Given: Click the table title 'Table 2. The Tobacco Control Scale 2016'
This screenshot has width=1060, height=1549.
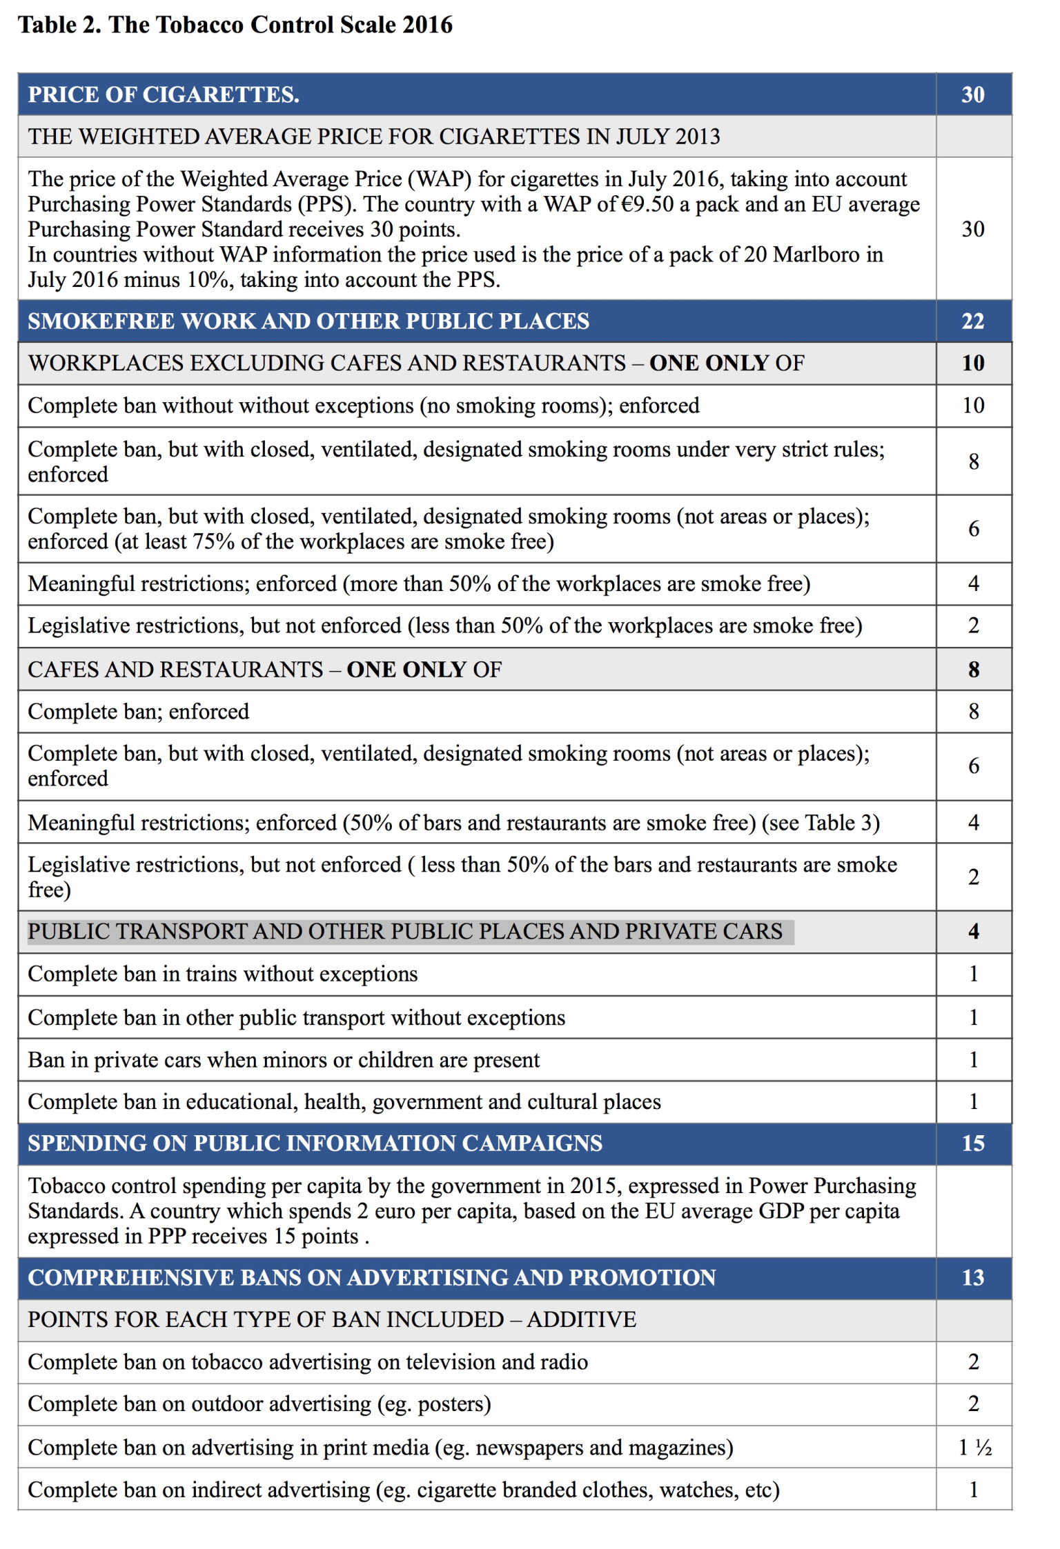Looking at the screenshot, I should [235, 25].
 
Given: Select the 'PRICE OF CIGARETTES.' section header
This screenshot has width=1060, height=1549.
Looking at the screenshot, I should [164, 94].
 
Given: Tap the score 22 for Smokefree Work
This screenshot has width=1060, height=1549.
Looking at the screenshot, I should [972, 321].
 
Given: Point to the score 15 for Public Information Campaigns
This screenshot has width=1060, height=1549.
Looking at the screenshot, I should [972, 1143].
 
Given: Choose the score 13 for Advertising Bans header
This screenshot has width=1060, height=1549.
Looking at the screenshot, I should [972, 1277].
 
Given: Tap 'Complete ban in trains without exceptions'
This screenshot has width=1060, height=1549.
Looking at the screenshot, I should [223, 974].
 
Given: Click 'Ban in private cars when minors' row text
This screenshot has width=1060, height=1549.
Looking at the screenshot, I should [284, 1059].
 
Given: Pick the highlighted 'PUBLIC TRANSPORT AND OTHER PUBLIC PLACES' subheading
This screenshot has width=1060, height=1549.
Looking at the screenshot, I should [405, 932].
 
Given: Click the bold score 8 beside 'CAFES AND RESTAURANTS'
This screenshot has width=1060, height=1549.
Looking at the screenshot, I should [973, 669].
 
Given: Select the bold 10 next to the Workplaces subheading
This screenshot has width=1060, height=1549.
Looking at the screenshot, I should [973, 363].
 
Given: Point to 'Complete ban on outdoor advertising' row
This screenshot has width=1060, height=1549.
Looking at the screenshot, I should [259, 1404].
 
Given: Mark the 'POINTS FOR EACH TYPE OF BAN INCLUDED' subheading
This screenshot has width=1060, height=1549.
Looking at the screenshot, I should [332, 1319].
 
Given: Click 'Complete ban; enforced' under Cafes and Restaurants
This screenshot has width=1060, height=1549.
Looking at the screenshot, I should [139, 711].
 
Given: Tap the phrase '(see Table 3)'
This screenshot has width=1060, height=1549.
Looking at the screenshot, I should [821, 823].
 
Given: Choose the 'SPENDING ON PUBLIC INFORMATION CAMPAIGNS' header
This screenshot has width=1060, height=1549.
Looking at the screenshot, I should [315, 1143].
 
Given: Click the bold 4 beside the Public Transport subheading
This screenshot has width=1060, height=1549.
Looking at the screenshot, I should [973, 932].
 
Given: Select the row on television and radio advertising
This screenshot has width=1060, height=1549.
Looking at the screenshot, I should [308, 1362].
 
